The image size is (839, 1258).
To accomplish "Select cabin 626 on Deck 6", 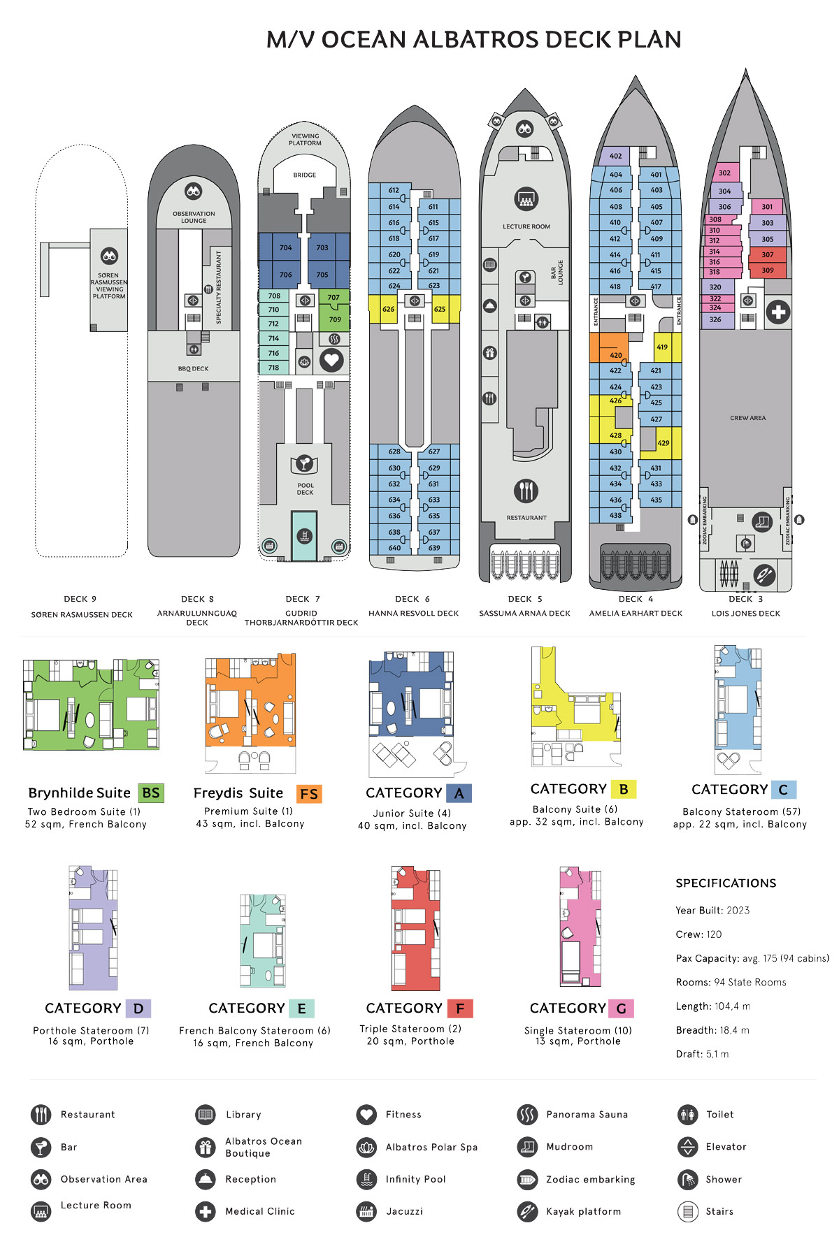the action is (x=388, y=309).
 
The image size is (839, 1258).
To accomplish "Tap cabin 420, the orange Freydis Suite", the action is (x=608, y=348).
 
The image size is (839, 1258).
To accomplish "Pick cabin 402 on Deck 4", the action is (x=615, y=156).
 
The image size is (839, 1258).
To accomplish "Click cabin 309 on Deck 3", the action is (x=768, y=270).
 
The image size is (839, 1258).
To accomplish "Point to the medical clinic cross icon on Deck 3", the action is (x=777, y=312).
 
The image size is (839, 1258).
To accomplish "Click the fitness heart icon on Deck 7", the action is (x=331, y=361).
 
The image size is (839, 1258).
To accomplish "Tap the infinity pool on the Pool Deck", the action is (x=304, y=535).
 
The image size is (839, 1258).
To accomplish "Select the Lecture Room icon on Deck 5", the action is (x=526, y=199).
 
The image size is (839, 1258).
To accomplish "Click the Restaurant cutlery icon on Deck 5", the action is (x=526, y=491).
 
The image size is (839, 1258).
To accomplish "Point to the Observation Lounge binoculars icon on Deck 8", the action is (x=194, y=191).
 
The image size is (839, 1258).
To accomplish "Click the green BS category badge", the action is (x=151, y=793).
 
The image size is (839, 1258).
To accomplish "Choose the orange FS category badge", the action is (x=309, y=794).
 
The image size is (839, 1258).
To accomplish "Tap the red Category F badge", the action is (x=460, y=1008).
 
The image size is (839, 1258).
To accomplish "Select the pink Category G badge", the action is (x=621, y=1008).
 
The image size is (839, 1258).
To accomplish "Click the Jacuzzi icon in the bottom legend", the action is (x=366, y=1211).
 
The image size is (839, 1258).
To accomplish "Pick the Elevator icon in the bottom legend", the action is (x=688, y=1147).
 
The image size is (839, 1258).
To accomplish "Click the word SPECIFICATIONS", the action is (x=726, y=883).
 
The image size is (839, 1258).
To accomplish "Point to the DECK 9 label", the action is (x=80, y=599).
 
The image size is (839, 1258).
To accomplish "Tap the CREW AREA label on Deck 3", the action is (x=747, y=418).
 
